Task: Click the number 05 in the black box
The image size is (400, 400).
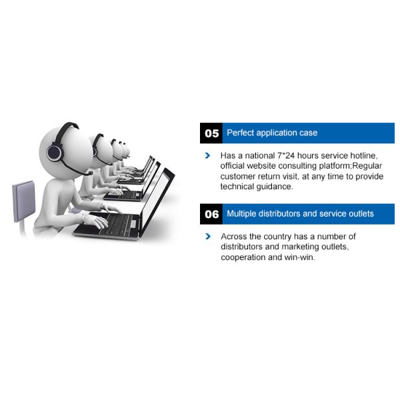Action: click(211, 133)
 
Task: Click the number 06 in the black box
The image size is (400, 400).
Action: click(211, 214)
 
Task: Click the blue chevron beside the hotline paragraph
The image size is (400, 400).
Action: click(207, 155)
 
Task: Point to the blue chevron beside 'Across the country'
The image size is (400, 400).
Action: click(208, 236)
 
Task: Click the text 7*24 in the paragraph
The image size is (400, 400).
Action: click(286, 155)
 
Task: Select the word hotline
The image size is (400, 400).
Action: click(364, 155)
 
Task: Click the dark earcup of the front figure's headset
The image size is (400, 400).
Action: click(55, 152)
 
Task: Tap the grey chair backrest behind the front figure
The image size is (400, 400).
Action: click(24, 201)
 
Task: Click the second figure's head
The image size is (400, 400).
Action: click(102, 151)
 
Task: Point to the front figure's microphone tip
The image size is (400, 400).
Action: click(90, 173)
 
